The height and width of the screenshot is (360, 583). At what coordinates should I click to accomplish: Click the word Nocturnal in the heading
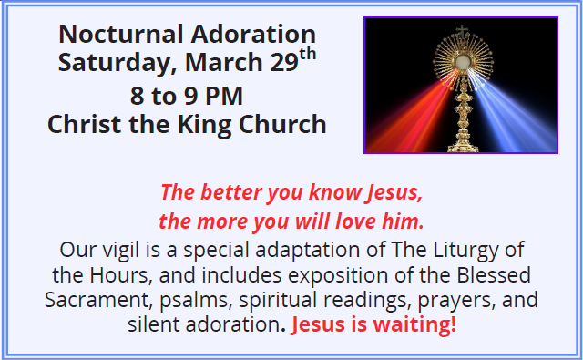pos(121,35)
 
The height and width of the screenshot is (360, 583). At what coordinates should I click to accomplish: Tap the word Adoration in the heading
pos(253,35)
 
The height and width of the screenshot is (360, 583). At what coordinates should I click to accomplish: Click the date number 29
pos(284,62)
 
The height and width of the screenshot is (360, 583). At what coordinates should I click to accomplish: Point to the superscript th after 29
pos(308,55)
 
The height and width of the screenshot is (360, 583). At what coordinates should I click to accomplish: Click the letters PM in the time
pos(224,96)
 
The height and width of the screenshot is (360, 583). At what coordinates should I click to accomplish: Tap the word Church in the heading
pos(282,124)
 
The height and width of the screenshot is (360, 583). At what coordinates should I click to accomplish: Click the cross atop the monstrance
pos(462,30)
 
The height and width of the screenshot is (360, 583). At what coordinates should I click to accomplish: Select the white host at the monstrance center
pos(463,61)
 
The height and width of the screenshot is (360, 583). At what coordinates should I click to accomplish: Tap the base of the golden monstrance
pos(463,146)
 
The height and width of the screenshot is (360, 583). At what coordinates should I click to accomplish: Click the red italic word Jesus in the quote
pos(394,192)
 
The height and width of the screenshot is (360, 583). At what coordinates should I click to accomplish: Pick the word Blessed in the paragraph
pos(494,275)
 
